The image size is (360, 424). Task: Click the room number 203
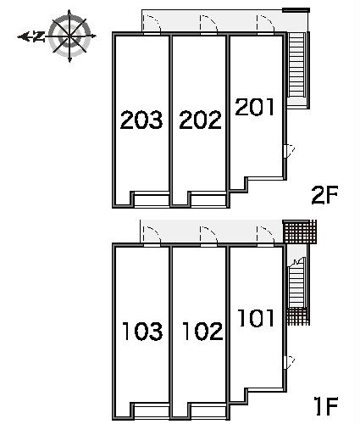tap(141, 120)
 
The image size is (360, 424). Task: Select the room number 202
tap(200, 120)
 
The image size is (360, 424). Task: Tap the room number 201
tap(254, 108)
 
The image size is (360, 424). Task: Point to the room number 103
tap(141, 331)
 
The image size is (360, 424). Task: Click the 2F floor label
tap(325, 197)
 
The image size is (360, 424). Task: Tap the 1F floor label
tap(325, 407)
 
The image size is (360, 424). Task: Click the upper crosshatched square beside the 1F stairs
tap(299, 232)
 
